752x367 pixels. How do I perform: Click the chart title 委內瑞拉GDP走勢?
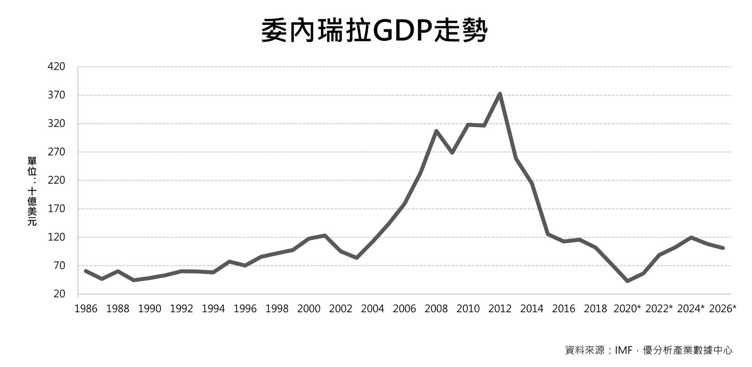coord(374,31)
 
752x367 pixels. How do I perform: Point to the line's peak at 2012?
coord(500,94)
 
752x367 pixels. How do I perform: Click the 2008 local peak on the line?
coord(436,131)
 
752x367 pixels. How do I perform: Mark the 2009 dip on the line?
coord(452,152)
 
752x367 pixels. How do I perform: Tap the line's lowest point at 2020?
coord(627,281)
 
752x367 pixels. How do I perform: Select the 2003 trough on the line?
coord(356,258)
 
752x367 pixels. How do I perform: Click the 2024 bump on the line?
coord(691,237)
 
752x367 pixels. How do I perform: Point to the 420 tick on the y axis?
coord(56,67)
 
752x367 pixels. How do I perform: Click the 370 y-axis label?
coord(56,95)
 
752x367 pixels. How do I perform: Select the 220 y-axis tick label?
coord(56,181)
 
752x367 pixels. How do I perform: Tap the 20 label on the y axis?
coord(59,294)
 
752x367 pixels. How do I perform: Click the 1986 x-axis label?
coord(86,309)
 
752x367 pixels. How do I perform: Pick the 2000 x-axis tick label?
coord(309,309)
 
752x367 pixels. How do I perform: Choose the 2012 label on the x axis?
coord(500,309)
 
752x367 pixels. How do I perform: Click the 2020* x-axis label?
coord(627,309)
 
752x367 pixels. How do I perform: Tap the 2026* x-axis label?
coord(723,309)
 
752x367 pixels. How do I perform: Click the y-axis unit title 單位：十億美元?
coord(32,191)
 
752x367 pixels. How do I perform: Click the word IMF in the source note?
coord(624,350)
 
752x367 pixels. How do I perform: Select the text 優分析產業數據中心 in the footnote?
coord(687,350)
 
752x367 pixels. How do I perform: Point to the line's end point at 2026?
coord(723,248)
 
